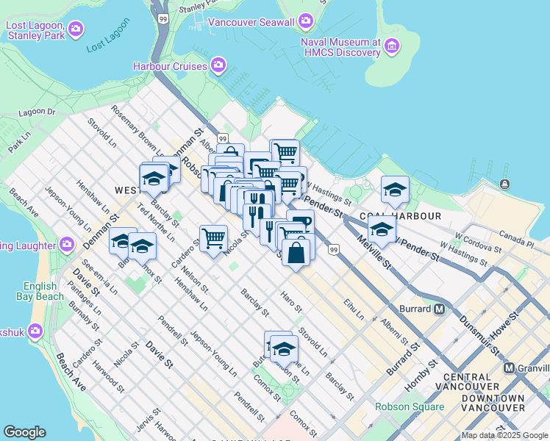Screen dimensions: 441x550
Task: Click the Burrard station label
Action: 416,309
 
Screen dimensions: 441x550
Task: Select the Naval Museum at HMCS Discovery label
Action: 340,47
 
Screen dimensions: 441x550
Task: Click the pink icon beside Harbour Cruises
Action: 218,67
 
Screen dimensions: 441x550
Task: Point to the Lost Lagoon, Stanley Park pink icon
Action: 76,29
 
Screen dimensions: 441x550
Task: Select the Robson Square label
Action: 410,406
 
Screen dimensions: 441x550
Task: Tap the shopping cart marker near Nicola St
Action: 213,237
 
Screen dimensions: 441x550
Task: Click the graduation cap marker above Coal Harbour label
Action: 395,190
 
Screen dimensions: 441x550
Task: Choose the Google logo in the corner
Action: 24,432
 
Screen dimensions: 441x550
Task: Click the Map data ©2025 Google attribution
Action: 504,436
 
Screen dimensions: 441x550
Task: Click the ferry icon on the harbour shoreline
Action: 504,184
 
